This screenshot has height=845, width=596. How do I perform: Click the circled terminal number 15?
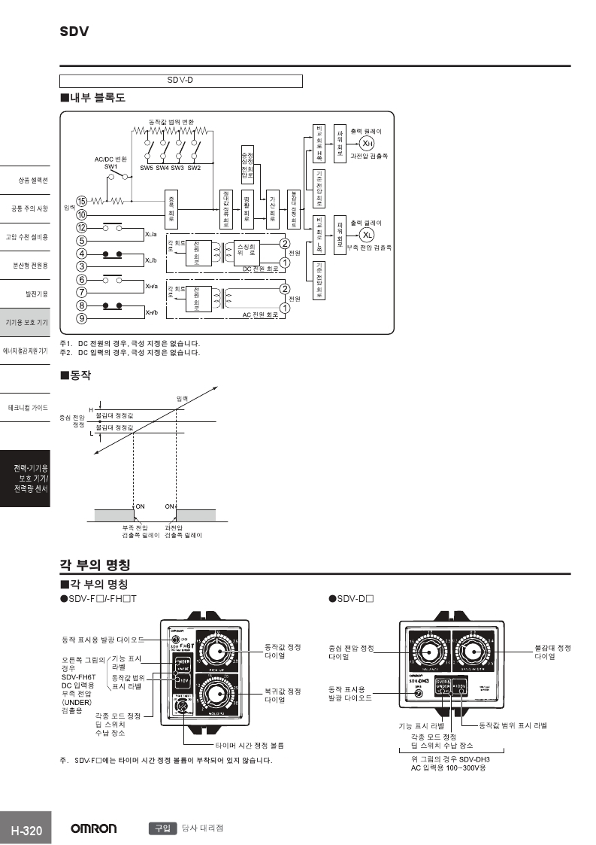82,201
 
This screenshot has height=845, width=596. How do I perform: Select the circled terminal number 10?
82,214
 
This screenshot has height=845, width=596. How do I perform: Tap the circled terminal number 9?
82,318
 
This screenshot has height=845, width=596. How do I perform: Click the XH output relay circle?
366,144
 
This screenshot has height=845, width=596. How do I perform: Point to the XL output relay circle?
366,233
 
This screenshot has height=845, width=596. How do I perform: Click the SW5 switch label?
147,167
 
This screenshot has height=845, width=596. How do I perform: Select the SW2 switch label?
194,167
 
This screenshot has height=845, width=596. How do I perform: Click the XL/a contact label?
151,234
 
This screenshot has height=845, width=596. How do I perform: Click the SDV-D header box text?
180,81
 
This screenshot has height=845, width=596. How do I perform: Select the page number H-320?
26,831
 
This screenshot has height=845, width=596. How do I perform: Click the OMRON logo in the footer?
94,828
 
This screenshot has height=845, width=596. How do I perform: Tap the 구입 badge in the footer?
162,828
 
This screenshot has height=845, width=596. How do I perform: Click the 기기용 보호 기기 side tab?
27,322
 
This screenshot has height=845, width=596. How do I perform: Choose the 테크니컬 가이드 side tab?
28,407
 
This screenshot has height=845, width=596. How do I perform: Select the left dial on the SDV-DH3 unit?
425,648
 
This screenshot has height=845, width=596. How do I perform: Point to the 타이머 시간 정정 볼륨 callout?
250,745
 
